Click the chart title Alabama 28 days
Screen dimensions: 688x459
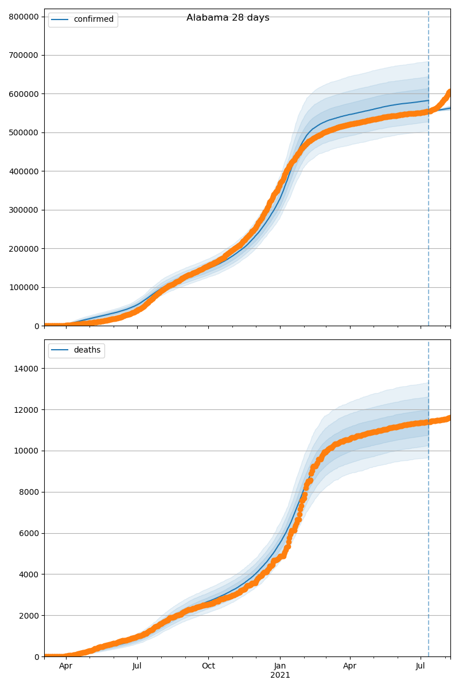pyautogui.click(x=228, y=18)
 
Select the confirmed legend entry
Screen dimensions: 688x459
pyautogui.click(x=94, y=19)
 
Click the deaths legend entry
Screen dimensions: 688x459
pyautogui.click(x=87, y=350)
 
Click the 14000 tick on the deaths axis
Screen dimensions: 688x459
pyautogui.click(x=26, y=369)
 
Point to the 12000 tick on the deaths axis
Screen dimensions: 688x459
pyautogui.click(x=26, y=410)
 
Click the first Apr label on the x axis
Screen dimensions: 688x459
pyautogui.click(x=66, y=666)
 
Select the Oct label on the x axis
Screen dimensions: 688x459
pyautogui.click(x=208, y=666)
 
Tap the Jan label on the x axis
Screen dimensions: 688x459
pyautogui.click(x=280, y=666)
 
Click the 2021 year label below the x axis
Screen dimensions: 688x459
pyautogui.click(x=280, y=675)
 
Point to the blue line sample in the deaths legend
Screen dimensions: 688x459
pyautogui.click(x=60, y=350)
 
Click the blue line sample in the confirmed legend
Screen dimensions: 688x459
pyautogui.click(x=60, y=19)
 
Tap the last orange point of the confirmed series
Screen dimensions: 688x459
pyautogui.click(x=450, y=92)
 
